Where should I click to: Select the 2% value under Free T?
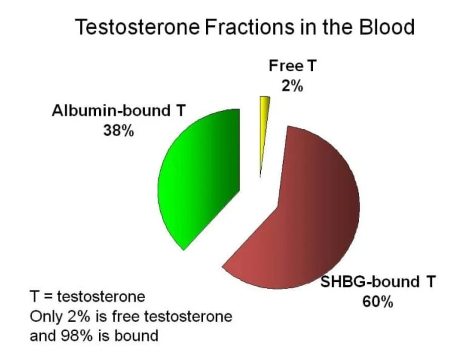[x=292, y=86]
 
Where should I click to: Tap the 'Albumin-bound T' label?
[x=119, y=111]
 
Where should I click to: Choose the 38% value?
[x=119, y=131]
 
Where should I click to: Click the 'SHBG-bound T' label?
[x=378, y=282]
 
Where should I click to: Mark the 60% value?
[x=377, y=302]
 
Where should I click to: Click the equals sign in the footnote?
[x=49, y=297]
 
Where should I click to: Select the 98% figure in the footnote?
[x=77, y=336]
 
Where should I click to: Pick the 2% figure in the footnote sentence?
[x=79, y=317]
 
